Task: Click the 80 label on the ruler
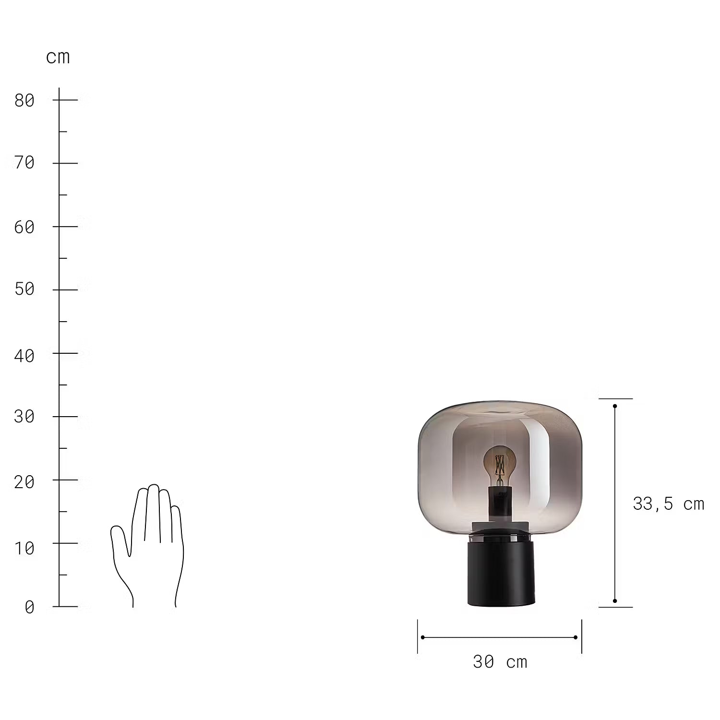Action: point(24,100)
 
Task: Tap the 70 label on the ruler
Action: point(24,163)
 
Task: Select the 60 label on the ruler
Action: point(24,227)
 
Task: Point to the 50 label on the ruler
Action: point(24,289)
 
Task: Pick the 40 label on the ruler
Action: point(24,356)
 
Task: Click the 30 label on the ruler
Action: point(24,416)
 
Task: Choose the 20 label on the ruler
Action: point(24,482)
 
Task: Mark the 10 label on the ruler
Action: point(24,548)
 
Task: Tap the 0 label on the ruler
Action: point(30,607)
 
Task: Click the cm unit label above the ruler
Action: point(58,58)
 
